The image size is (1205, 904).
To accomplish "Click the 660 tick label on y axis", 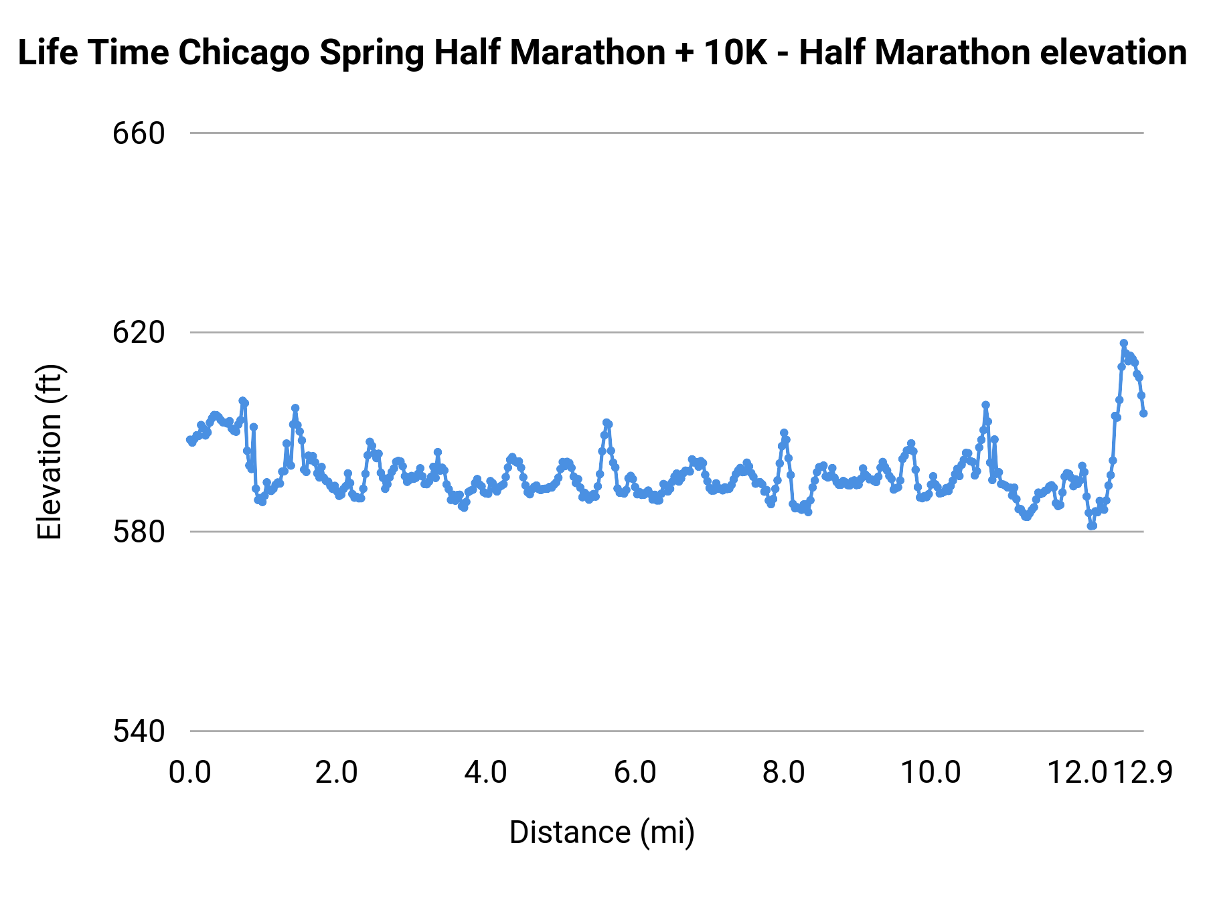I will pos(139,133).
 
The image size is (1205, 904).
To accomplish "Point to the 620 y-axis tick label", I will pos(139,332).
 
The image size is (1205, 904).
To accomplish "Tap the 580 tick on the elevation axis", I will pos(139,532).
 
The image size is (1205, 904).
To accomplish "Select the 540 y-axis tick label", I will pos(139,731).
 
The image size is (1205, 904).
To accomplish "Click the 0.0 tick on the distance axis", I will pos(190,772).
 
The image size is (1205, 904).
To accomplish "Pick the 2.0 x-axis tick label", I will pos(337,772).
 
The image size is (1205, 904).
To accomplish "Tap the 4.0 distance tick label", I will pos(486,772).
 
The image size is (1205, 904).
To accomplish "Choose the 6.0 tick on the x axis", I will pos(635,772).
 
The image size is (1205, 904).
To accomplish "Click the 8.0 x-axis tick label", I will pos(784,772).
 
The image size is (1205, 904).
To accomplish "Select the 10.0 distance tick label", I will pos(931,772).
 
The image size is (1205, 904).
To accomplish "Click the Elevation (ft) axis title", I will pos(50,452).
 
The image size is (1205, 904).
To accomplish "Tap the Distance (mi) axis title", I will pos(602,832).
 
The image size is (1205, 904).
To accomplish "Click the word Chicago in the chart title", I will pos(247,52).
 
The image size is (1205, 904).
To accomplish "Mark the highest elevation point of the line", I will pos(1123,343).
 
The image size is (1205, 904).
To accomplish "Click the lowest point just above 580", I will pos(1092,526).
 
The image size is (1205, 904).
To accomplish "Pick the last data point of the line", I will pos(1143,413).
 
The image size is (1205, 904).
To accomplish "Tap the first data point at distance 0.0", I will pos(190,440).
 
